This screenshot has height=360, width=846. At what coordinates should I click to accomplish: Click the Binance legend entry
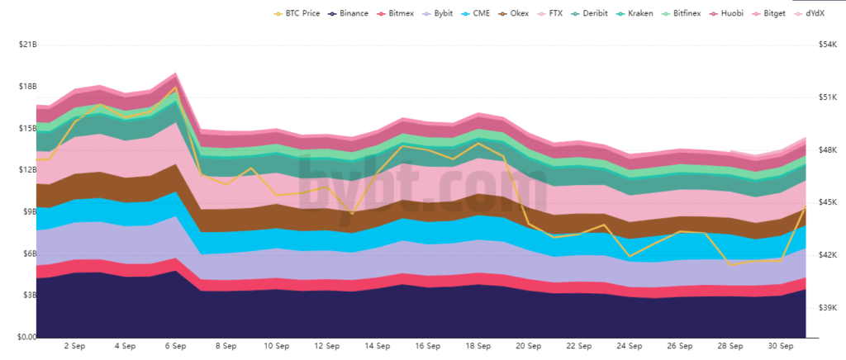coord(347,13)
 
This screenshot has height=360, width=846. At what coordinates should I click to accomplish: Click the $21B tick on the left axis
coord(26,44)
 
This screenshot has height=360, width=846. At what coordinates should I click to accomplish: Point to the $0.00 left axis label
coord(26,337)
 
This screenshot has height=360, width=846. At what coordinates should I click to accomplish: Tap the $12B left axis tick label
coord(26,170)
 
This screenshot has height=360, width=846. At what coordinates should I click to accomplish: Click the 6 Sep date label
coord(175,347)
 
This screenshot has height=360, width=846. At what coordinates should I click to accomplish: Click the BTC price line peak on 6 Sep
coord(174,87)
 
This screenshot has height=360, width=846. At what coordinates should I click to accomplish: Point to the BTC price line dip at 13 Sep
coord(352,214)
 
